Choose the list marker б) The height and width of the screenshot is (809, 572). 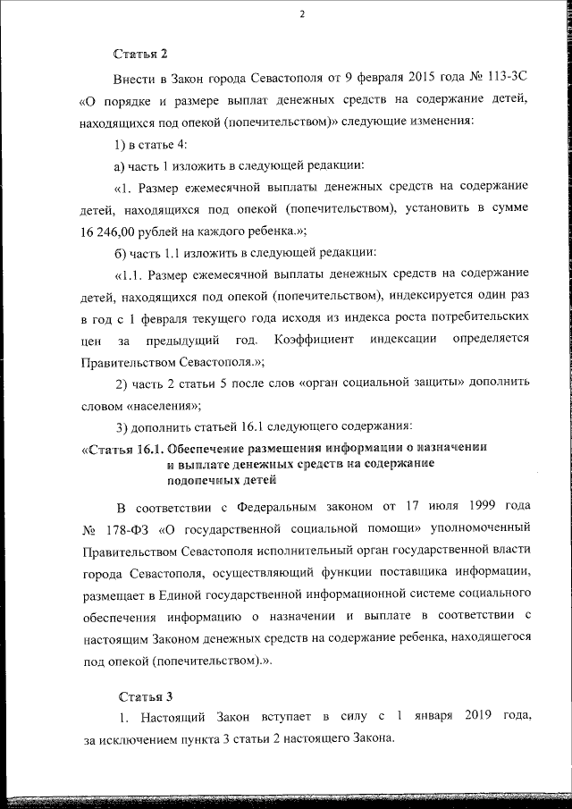coord(120,250)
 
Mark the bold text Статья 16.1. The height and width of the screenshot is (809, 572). coord(121,447)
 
